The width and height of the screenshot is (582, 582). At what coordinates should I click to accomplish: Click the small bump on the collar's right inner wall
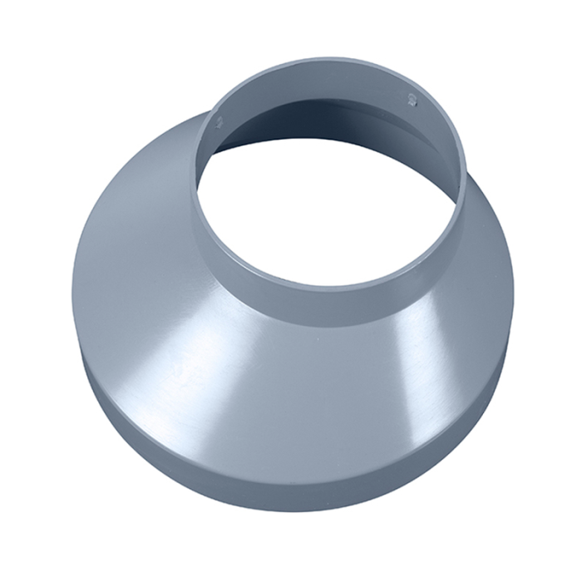pyautogui.click(x=410, y=101)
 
